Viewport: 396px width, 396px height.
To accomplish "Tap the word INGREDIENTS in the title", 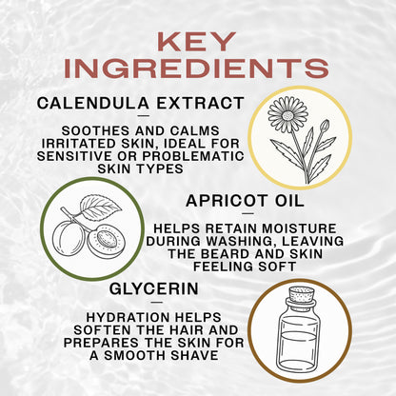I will click(x=198, y=69).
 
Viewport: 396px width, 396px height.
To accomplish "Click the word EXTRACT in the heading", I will click(x=201, y=103).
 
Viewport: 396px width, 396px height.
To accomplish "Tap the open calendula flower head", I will click(x=287, y=113).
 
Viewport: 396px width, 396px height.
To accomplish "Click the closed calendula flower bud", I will click(x=324, y=126).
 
